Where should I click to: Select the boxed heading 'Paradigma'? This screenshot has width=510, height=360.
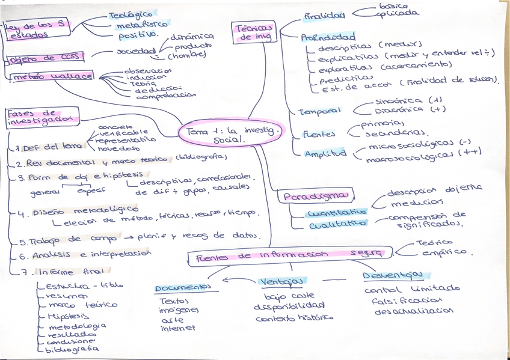click(x=316, y=197)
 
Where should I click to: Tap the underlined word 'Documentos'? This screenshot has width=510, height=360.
click(x=183, y=287)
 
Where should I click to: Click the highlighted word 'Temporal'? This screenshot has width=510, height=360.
click(x=319, y=111)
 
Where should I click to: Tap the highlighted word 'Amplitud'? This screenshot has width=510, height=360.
click(x=325, y=153)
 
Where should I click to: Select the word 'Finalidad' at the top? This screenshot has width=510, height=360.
click(x=324, y=16)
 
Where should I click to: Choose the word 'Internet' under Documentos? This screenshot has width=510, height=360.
click(x=178, y=328)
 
